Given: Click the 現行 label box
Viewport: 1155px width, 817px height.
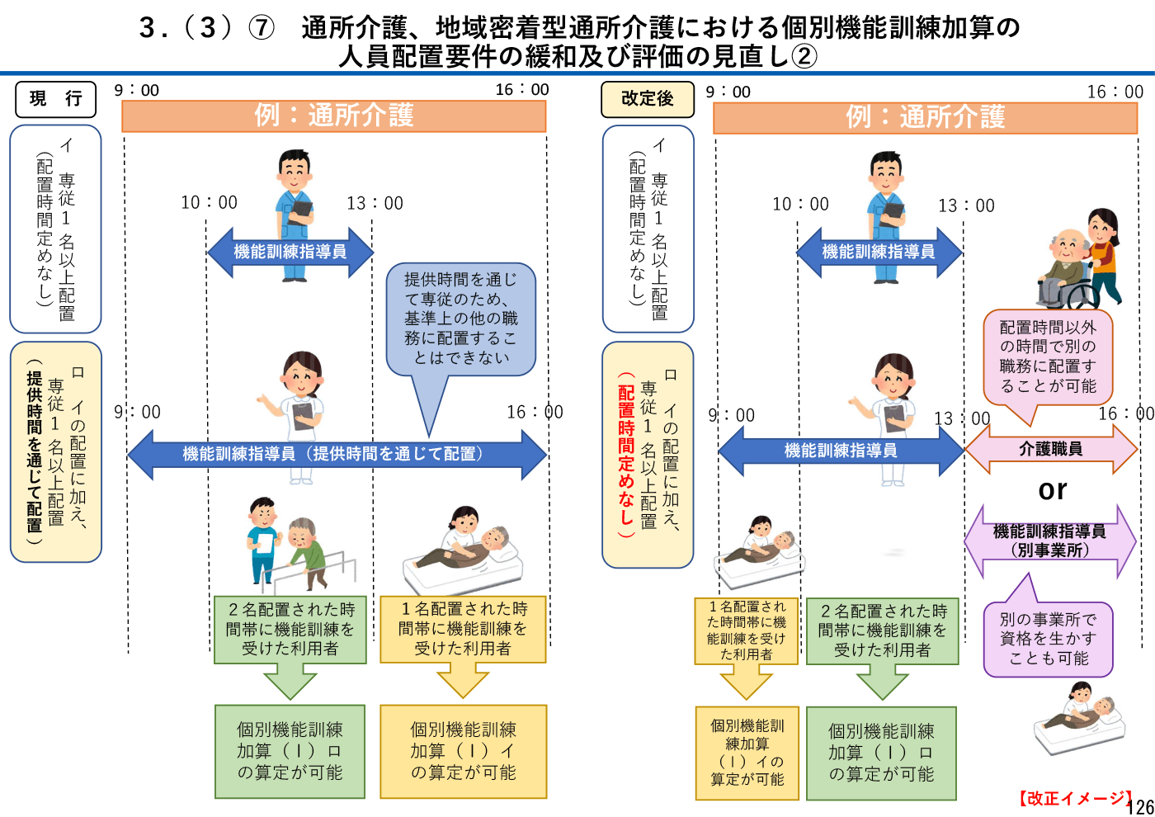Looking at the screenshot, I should click(x=55, y=99).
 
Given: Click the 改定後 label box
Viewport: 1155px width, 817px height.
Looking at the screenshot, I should click(x=647, y=99).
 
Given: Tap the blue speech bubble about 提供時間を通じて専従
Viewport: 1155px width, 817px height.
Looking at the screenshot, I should click(x=460, y=319).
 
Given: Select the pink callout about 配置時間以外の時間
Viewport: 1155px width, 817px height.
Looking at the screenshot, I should click(x=1048, y=357).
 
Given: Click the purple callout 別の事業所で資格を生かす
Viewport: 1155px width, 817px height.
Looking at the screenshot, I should click(x=1048, y=639).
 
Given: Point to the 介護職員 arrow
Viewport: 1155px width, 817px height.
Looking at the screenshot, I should click(x=1050, y=449).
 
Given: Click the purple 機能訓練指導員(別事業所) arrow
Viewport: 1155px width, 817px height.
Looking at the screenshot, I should click(x=1049, y=541).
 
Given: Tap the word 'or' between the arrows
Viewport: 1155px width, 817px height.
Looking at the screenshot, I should click(x=1053, y=490).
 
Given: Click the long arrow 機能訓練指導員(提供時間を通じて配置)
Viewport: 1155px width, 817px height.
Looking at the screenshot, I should click(x=337, y=454).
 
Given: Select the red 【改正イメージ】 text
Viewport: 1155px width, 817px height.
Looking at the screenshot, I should click(x=1073, y=798).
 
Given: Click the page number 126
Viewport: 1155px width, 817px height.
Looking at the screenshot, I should click(x=1140, y=807).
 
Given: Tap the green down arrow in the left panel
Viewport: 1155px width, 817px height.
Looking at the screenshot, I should click(x=290, y=684).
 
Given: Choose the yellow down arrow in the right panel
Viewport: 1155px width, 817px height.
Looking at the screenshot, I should click(x=746, y=684).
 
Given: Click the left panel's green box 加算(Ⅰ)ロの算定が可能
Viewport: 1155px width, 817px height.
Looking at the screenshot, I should click(x=290, y=751).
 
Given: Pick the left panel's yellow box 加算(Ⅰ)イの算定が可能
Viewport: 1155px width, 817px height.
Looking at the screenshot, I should click(x=463, y=751).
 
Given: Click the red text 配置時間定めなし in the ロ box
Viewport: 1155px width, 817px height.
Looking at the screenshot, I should click(x=626, y=454).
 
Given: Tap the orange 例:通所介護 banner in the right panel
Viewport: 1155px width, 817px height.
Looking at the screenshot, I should click(x=925, y=117).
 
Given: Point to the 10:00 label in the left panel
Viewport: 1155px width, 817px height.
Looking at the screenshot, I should click(x=209, y=203).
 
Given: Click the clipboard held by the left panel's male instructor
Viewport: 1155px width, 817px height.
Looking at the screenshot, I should click(x=300, y=210).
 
